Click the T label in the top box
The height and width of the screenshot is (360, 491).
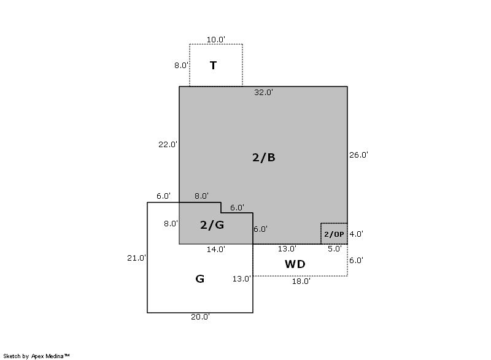[x=213, y=66]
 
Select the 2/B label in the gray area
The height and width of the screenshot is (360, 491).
[x=264, y=157]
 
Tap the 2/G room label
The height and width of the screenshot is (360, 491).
[x=212, y=224]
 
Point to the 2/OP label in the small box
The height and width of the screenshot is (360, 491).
[x=334, y=234]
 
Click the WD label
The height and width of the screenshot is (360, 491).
[x=295, y=264]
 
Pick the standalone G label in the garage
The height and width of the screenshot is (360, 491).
[x=199, y=279]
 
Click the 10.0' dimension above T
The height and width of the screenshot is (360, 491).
[x=215, y=40]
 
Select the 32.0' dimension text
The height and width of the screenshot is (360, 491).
[x=263, y=93]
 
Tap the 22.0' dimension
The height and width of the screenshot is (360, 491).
[x=168, y=145]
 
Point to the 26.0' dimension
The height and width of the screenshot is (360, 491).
[x=358, y=155]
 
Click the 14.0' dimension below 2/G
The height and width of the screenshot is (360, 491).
[x=215, y=250]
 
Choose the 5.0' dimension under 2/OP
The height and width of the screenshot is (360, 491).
[x=334, y=249]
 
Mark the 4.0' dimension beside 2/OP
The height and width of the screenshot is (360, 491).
[x=356, y=234]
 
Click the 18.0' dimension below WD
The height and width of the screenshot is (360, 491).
[x=300, y=281]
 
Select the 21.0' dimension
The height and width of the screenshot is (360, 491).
[x=136, y=258]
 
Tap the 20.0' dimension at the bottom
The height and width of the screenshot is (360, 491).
[x=200, y=317]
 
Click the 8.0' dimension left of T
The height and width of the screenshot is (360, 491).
[x=181, y=65]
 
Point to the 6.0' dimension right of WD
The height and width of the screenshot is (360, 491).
[x=356, y=261]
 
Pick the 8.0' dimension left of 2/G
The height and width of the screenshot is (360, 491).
[x=171, y=224]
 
